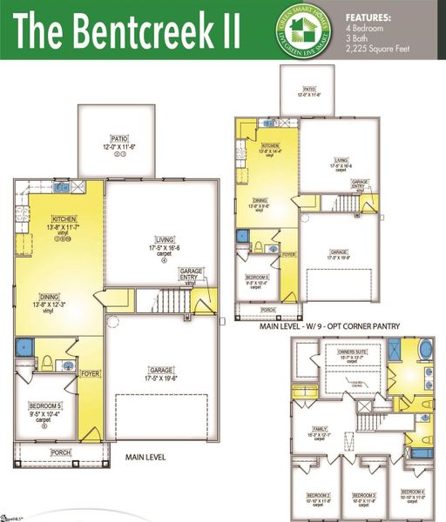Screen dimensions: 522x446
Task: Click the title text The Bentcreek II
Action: [126, 30]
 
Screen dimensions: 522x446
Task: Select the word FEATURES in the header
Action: [368, 17]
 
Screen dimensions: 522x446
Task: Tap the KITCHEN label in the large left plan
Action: [64, 218]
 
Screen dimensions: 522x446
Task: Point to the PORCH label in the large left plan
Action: [61, 452]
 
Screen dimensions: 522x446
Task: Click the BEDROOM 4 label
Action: [411, 492]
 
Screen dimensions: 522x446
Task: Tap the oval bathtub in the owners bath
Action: [424, 350]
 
